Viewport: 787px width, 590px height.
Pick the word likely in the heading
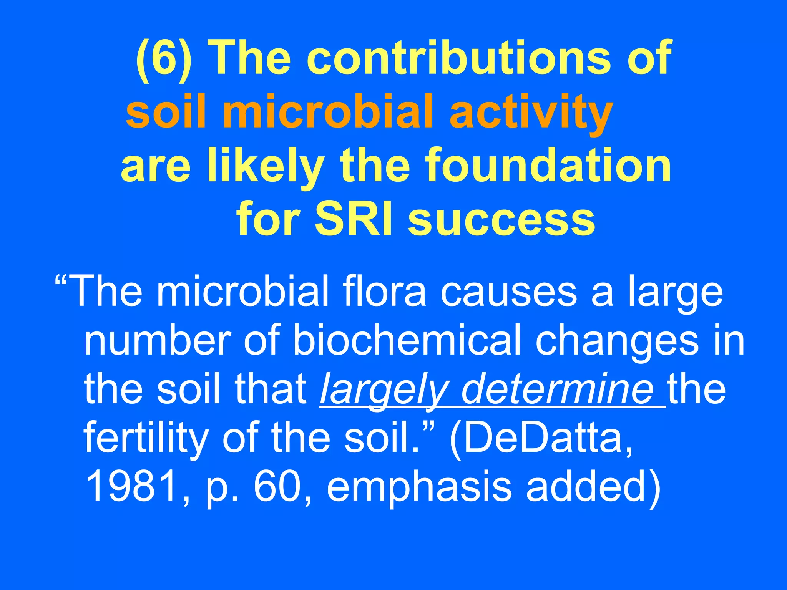point(265,167)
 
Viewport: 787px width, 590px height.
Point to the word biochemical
point(407,340)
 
